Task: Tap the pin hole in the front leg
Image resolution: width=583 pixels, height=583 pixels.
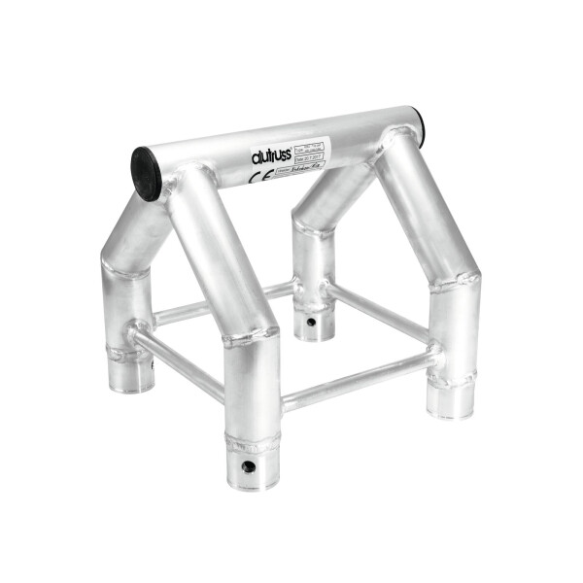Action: click(250, 468)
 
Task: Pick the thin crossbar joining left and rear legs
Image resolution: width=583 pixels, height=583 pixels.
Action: click(223, 303)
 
